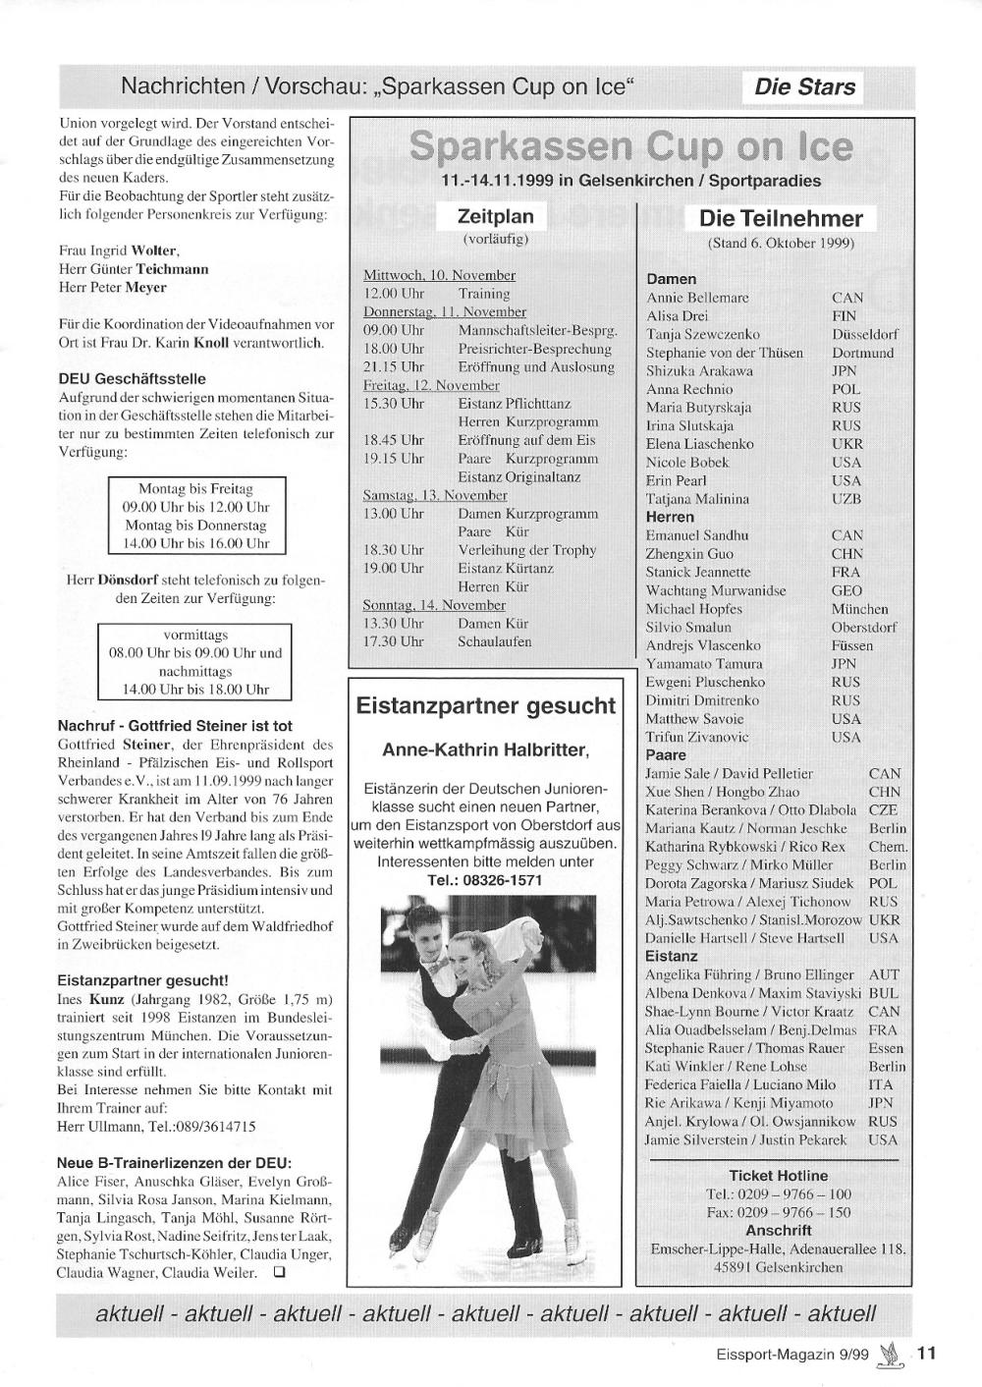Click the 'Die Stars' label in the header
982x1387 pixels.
point(804,86)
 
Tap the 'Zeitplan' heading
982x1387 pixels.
point(496,216)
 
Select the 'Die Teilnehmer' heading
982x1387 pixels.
point(781,218)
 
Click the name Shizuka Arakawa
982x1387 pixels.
point(699,371)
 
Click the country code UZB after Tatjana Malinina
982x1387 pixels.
point(846,499)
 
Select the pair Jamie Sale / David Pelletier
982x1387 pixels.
point(729,774)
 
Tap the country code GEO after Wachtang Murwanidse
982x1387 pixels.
point(846,590)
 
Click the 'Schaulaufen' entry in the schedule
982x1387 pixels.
point(495,641)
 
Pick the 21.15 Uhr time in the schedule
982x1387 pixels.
point(394,366)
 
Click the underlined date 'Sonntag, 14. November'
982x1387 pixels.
point(434,605)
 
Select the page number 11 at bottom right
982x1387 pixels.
point(927,1353)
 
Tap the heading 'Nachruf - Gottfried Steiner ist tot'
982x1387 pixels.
point(175,727)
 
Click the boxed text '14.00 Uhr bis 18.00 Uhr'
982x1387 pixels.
point(195,690)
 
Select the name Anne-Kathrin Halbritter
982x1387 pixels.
point(485,751)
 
